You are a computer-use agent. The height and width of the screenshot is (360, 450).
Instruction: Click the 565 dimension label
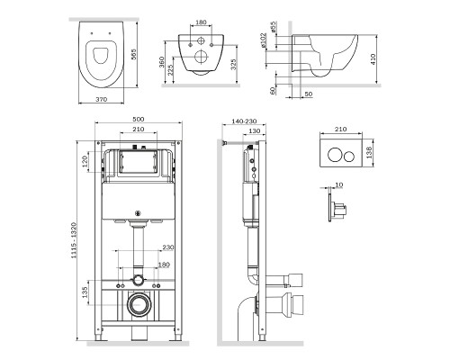pos(134,55)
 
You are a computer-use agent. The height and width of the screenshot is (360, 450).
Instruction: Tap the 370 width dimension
pos(102,99)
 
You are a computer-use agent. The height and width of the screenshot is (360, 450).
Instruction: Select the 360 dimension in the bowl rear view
pos(161,62)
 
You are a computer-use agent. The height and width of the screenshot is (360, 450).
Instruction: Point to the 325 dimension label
pos(234,64)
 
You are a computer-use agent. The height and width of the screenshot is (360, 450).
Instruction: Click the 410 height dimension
pos(373,59)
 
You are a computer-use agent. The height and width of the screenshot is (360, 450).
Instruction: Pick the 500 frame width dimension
pos(139,119)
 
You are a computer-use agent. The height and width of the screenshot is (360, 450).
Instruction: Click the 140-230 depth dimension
pos(244,121)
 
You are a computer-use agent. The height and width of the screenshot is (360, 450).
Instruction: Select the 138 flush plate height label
pos(369,152)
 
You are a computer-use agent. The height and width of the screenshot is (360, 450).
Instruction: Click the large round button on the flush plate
pos(334,155)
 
